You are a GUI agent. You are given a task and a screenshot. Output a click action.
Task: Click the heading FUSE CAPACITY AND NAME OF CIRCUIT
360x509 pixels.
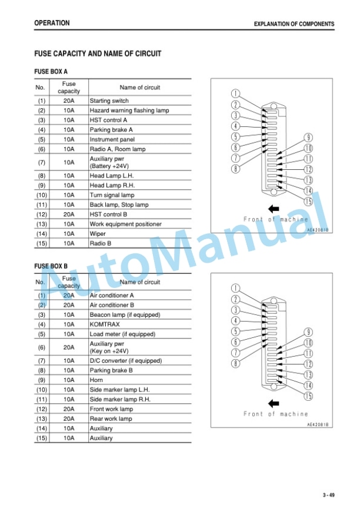tap(98, 53)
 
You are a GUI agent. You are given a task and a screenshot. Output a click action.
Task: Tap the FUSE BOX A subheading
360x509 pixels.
tap(51, 72)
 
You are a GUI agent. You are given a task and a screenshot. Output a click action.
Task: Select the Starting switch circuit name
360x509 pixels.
tap(109, 101)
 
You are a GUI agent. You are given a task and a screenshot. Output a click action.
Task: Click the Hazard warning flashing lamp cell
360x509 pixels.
tap(129, 110)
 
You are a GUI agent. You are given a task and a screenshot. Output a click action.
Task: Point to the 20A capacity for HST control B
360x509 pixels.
tap(69, 215)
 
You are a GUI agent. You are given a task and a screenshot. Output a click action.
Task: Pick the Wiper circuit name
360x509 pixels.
tap(98, 234)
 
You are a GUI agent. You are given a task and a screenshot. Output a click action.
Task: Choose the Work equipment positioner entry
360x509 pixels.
tap(125, 224)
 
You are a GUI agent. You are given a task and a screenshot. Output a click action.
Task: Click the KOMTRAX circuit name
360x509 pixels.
tap(105, 324)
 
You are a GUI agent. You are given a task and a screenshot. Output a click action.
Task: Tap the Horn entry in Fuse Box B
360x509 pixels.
tap(96, 380)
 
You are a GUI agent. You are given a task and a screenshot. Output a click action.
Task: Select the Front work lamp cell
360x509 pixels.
tap(111, 409)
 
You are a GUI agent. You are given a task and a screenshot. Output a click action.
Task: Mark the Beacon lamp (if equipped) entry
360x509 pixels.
tap(125, 314)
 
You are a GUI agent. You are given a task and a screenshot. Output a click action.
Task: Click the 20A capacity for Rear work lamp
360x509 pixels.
tap(69, 418)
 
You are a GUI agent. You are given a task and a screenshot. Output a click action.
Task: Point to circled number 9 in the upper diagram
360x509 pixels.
tap(308, 138)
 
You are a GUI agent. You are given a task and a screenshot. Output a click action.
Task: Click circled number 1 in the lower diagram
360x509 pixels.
tap(235, 288)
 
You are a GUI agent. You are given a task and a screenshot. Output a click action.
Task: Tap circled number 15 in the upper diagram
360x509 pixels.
tap(308, 202)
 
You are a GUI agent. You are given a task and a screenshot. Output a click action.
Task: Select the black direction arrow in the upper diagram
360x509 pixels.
tap(274, 209)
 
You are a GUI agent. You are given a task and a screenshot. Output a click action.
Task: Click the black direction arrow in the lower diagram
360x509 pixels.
tap(274, 404)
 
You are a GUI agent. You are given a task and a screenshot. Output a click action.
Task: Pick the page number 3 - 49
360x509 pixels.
tap(328, 495)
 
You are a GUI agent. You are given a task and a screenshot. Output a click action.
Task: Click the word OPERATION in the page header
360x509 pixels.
tap(52, 23)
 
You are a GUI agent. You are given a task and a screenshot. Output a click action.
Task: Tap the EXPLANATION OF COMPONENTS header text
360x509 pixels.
tap(294, 24)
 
